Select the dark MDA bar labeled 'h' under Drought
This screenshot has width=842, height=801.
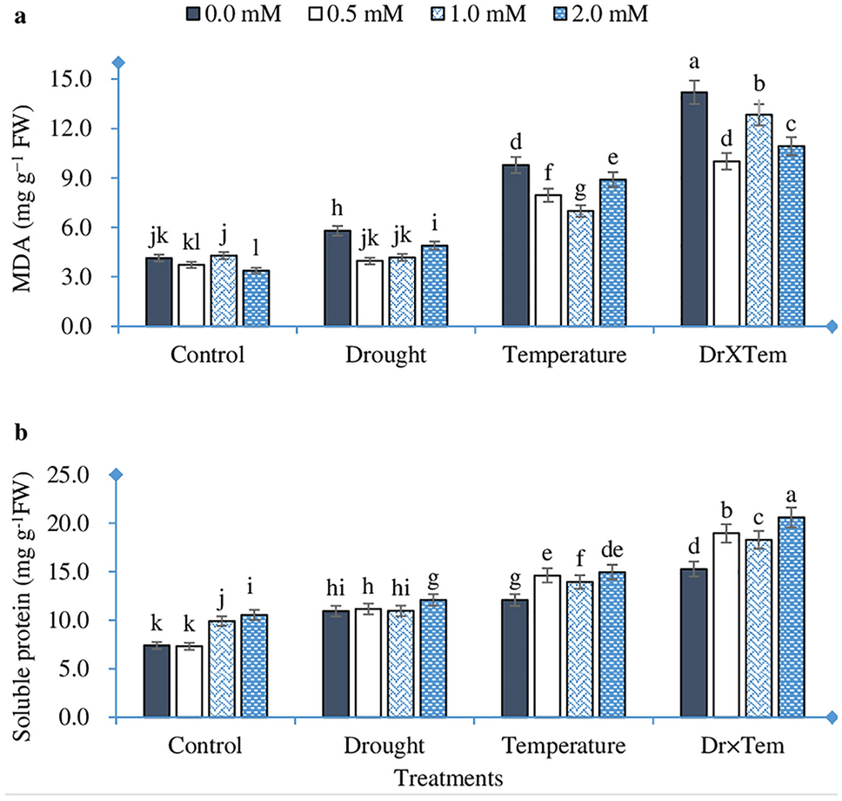337,278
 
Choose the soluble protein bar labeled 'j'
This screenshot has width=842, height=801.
222,670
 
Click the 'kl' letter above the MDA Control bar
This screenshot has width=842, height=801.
191,241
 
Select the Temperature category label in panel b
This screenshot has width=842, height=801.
563,747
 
